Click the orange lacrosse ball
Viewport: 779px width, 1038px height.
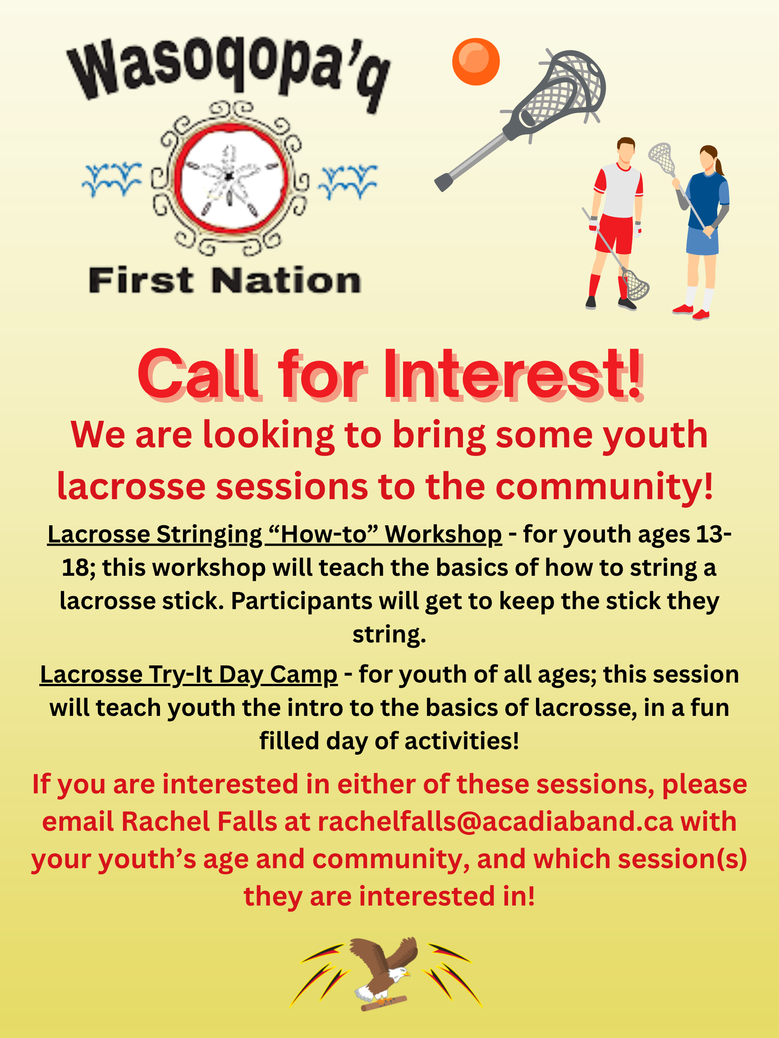(x=476, y=61)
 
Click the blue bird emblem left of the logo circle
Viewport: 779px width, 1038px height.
(x=112, y=179)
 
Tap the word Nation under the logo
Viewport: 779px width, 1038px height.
(x=286, y=281)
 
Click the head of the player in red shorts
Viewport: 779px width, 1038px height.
(x=626, y=149)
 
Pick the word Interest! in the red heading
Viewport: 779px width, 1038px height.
(x=513, y=375)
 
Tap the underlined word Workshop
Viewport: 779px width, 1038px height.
(x=443, y=534)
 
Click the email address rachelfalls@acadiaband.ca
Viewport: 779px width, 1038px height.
(x=495, y=822)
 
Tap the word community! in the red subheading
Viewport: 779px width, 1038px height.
(x=605, y=487)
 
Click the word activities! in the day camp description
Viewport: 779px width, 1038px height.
(x=462, y=742)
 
